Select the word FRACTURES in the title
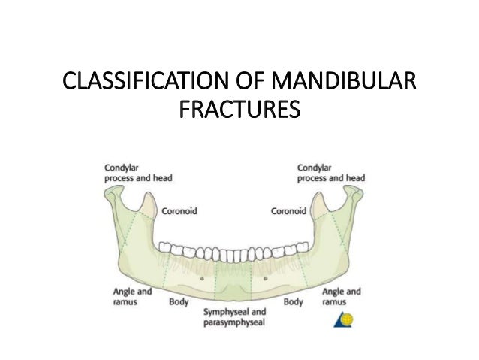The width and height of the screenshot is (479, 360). (x=239, y=111)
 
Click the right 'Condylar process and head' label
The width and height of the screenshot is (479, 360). (x=330, y=173)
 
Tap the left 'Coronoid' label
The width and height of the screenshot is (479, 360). (x=180, y=211)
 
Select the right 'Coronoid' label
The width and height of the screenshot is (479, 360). (x=288, y=211)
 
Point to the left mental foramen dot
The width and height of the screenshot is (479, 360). (x=202, y=277)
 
